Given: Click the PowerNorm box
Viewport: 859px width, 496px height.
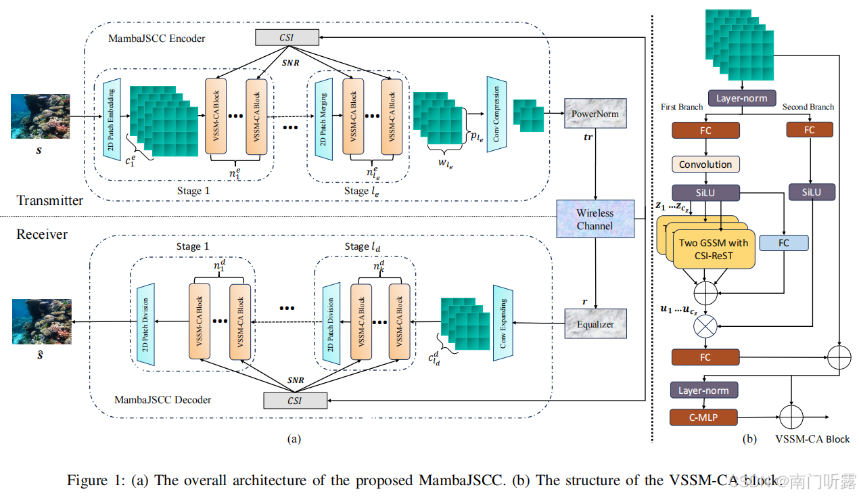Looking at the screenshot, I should (595, 114).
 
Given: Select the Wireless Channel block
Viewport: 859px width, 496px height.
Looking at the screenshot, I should (595, 219).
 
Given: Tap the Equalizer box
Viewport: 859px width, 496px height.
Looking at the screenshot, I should (595, 324).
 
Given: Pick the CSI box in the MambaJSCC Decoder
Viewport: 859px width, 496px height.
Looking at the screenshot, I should (295, 401).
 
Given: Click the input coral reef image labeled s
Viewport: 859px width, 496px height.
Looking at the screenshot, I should (40, 116).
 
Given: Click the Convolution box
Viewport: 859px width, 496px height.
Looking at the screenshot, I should (705, 164).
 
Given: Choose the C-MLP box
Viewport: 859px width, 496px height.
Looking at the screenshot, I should (703, 418).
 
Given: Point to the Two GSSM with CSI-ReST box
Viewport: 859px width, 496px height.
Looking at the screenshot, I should (714, 249).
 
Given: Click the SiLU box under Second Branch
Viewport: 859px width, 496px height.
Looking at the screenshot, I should (811, 192).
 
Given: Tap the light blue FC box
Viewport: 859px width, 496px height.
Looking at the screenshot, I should (783, 242).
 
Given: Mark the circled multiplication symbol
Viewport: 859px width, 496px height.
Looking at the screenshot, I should (705, 325).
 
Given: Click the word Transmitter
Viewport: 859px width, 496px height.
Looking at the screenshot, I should (50, 200).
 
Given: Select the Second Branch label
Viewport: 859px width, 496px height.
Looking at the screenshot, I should (808, 107).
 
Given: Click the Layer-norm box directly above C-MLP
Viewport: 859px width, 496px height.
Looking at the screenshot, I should (703, 390).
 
